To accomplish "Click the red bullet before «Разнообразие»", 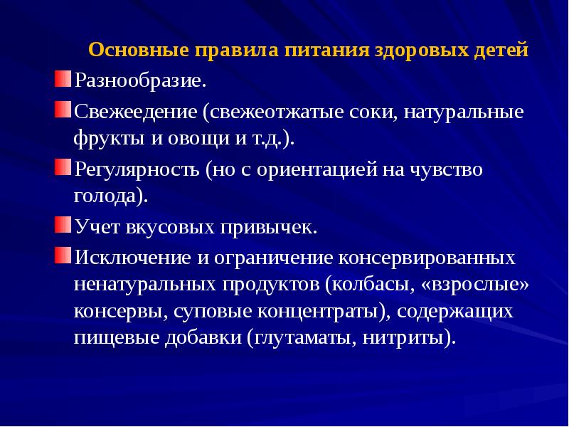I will point(63,76).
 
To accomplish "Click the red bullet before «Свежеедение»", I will point(63,110).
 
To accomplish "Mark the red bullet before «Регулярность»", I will point(63,168).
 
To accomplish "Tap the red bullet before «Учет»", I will point(63,226).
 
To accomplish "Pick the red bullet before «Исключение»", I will point(63,254).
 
